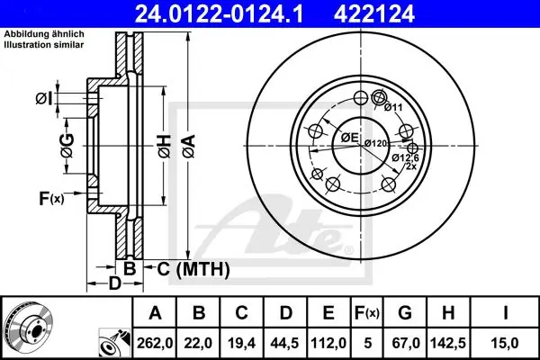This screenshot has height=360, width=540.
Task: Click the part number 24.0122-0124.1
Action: click(219, 14)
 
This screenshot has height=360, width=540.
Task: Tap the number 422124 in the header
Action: click(374, 14)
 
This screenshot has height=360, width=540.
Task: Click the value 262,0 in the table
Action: click(155, 343)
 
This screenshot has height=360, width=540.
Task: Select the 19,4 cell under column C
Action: click(241, 343)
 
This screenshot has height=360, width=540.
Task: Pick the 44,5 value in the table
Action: click(284, 343)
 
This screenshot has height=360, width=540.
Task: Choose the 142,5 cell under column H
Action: click(448, 343)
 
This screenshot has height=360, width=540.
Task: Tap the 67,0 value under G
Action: click(405, 343)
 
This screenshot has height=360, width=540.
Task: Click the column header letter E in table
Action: click(328, 313)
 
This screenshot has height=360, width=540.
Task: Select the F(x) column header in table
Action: click(367, 313)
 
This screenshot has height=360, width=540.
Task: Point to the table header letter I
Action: click(505, 313)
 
